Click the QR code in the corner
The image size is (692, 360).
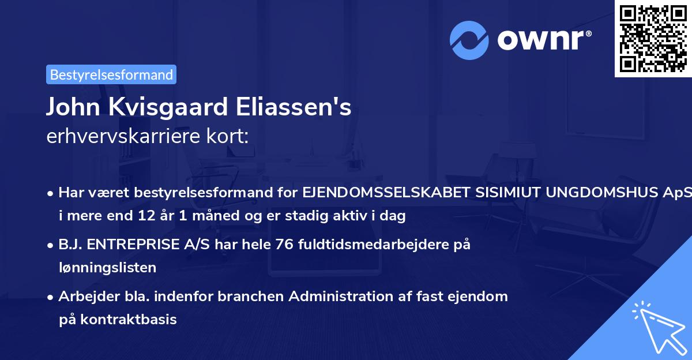tap(653, 38)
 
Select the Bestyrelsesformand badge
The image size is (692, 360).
tap(111, 74)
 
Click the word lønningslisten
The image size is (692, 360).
tap(107, 268)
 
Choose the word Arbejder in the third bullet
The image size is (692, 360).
tap(84, 296)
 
